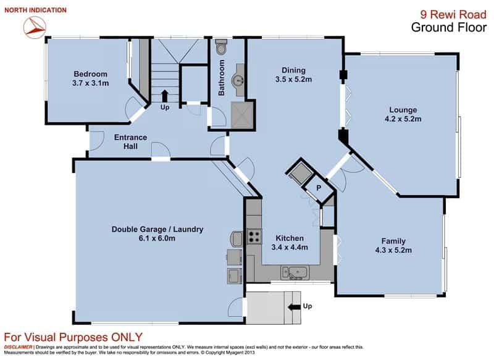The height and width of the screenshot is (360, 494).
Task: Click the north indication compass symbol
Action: (x=35, y=27)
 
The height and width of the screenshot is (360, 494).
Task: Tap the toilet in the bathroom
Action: (x=220, y=47)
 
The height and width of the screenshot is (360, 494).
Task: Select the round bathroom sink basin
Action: (x=237, y=80)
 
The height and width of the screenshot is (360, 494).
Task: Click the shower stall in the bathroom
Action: (x=242, y=115)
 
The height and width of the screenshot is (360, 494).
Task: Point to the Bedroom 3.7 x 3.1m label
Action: (x=90, y=78)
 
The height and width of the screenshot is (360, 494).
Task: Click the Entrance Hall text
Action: (x=130, y=142)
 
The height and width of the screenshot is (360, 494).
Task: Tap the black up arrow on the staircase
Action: (x=164, y=96)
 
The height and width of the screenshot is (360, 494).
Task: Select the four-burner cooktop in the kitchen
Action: (x=254, y=237)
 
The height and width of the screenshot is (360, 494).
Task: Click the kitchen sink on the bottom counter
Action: (x=296, y=273)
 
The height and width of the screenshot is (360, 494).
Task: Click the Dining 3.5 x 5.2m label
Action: (x=294, y=75)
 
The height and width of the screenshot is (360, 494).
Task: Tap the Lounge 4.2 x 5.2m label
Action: (x=403, y=114)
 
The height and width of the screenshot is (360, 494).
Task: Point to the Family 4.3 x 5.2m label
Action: (x=393, y=246)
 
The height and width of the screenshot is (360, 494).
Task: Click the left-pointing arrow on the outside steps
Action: (x=294, y=307)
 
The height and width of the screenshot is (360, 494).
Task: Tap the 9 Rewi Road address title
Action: (x=453, y=14)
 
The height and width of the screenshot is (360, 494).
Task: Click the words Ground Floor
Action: (x=449, y=27)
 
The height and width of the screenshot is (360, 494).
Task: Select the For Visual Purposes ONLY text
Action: (x=73, y=337)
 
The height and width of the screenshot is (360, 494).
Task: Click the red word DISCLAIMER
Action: (x=18, y=347)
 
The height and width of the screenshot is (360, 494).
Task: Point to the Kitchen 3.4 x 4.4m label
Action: (x=290, y=243)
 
